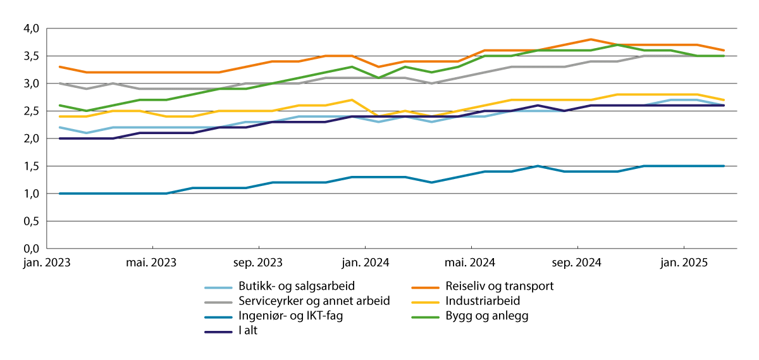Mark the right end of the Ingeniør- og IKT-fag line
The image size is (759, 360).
coord(724,166)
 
